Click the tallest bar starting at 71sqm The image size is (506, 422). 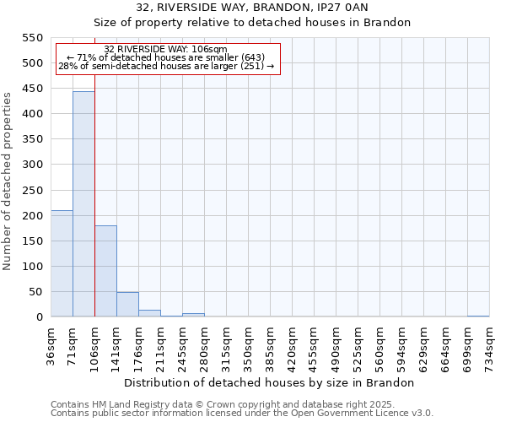coord(83,204)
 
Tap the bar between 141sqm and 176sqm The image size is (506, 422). coord(127,305)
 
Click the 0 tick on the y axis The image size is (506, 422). coord(39,317)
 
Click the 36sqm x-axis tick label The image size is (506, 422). coord(51,344)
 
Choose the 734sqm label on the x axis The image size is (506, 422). coord(490,344)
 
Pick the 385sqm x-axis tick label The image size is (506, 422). coord(271,344)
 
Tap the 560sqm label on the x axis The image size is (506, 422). coord(380,344)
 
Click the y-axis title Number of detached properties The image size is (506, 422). coord(8,181)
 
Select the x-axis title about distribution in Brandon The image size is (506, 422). coord(275,383)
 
